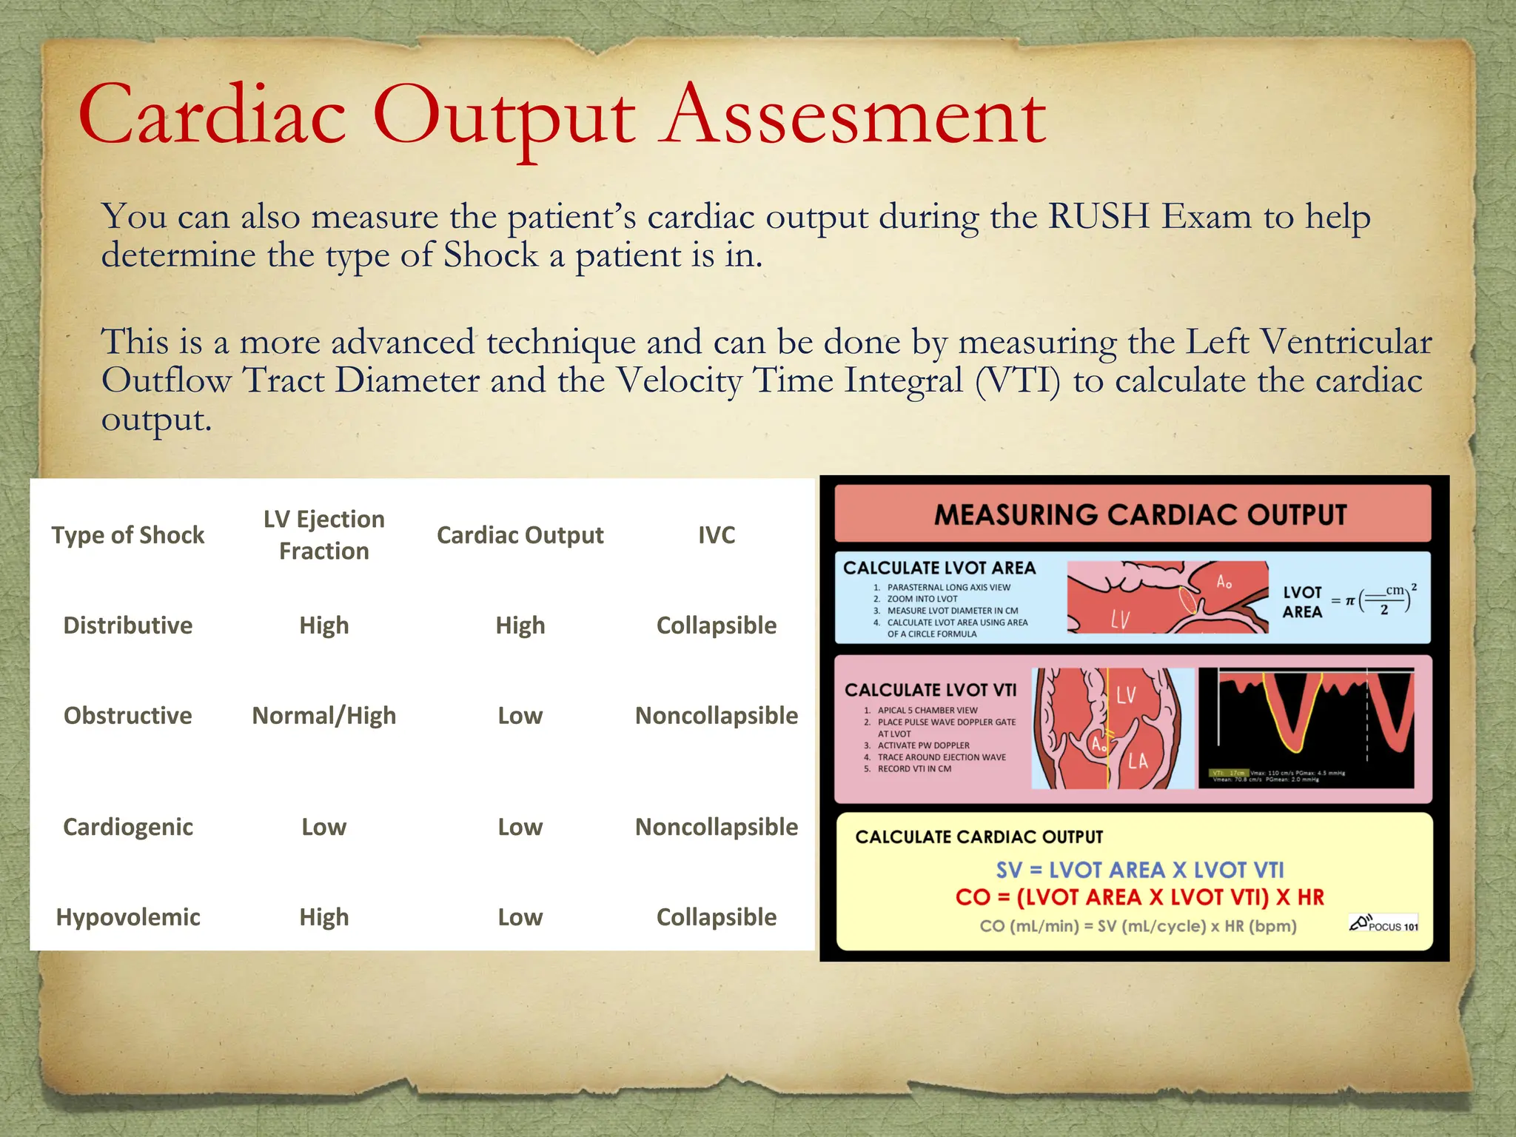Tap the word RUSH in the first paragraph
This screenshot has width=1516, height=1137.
point(1099,217)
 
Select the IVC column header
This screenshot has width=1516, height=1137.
point(716,535)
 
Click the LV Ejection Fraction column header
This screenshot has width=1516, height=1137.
point(323,534)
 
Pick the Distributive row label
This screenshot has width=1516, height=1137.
point(127,625)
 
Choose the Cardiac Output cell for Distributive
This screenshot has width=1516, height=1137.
point(520,625)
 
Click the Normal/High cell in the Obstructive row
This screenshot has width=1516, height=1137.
point(323,716)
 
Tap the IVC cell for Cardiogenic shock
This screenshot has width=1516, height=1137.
point(716,827)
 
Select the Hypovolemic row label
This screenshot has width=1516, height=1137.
point(127,917)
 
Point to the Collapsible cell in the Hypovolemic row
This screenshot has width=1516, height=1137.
point(716,917)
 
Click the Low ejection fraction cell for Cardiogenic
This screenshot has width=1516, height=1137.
point(323,827)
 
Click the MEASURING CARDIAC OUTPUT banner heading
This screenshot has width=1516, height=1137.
point(1140,514)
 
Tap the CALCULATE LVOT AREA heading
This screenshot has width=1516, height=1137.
point(939,568)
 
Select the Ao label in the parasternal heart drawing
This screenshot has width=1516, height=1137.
point(1224,582)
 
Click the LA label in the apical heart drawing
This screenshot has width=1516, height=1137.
point(1138,760)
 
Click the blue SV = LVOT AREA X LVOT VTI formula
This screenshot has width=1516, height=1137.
point(1140,870)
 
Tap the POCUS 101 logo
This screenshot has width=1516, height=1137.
point(1383,924)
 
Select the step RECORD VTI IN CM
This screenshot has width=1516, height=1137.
point(913,769)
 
